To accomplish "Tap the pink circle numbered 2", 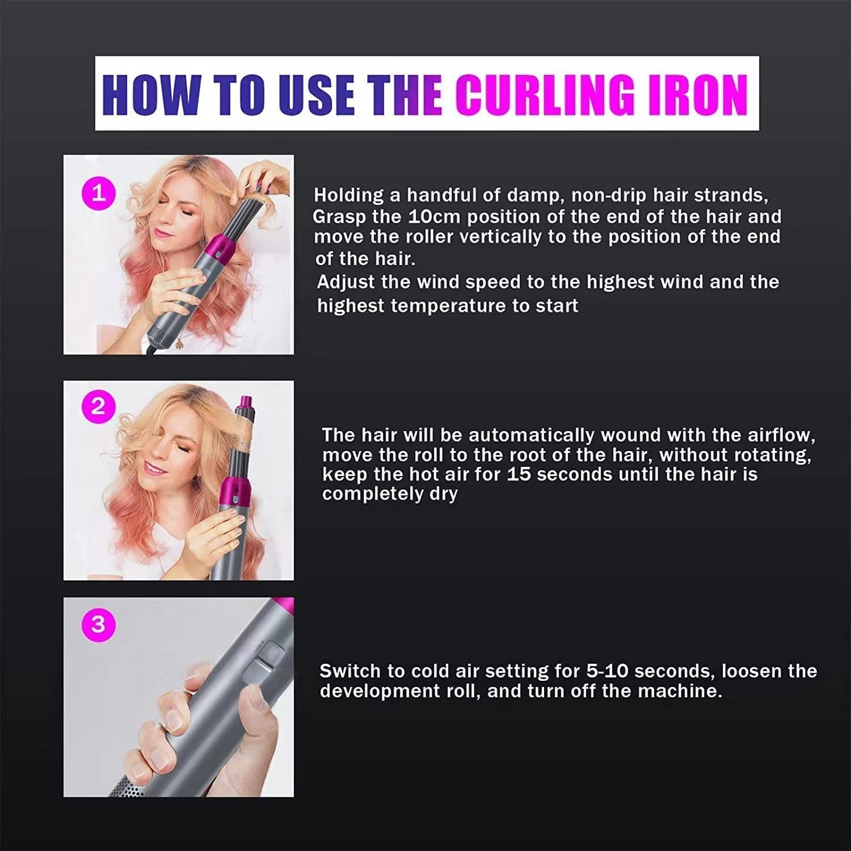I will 98,407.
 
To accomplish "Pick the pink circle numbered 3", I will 98,624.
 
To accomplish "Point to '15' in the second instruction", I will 518,475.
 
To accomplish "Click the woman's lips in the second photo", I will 154,469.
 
